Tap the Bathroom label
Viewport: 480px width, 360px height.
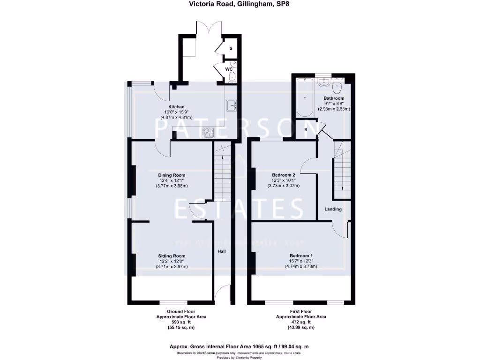pos(334,98)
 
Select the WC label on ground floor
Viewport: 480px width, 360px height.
pos(229,69)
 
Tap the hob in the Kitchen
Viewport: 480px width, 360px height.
pos(208,133)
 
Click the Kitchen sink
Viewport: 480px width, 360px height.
pos(232,106)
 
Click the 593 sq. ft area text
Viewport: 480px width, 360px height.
pos(181,322)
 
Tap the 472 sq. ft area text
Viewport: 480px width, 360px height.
pos(301,322)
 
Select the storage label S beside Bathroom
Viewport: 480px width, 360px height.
pos(306,130)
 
